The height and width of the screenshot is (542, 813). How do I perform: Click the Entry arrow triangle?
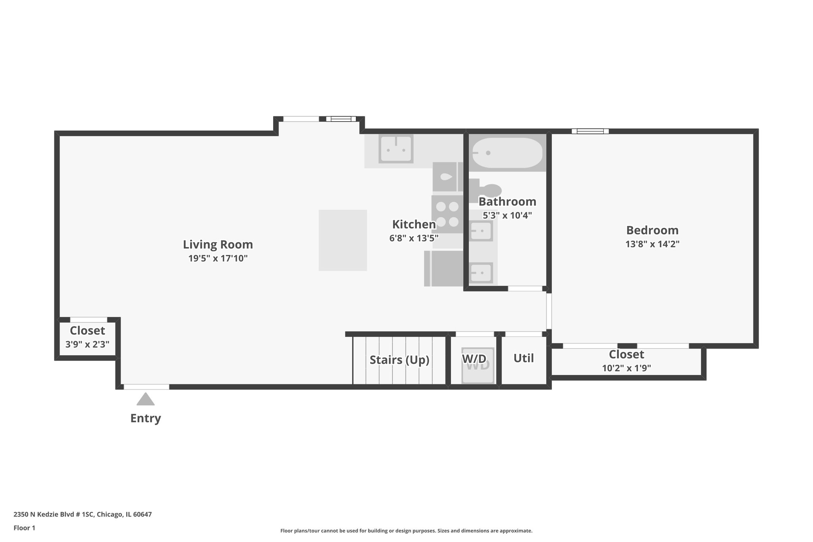click(145, 399)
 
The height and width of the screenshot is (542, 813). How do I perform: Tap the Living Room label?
click(218, 244)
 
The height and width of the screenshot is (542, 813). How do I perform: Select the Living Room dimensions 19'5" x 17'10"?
click(218, 258)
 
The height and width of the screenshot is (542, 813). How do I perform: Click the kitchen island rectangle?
click(343, 240)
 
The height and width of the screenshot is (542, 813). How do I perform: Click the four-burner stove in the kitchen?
click(447, 214)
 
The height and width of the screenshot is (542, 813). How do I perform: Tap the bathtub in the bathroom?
click(507, 153)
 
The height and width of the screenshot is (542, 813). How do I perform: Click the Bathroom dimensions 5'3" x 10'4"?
click(507, 216)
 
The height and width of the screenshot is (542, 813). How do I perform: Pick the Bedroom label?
click(652, 230)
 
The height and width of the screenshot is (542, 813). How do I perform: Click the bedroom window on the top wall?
click(590, 131)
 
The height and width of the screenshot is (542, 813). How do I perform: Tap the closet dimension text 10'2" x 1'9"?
click(626, 368)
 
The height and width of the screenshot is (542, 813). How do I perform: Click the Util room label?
click(523, 358)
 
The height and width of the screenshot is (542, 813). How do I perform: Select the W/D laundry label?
click(474, 359)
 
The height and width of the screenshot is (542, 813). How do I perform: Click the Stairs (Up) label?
click(399, 360)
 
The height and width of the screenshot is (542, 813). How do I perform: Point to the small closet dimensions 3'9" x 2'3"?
click(87, 344)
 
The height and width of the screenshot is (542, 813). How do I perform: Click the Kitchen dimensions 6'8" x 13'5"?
click(414, 238)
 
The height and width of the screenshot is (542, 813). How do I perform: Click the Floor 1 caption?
click(24, 528)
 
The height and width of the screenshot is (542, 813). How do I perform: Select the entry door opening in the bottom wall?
click(146, 387)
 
